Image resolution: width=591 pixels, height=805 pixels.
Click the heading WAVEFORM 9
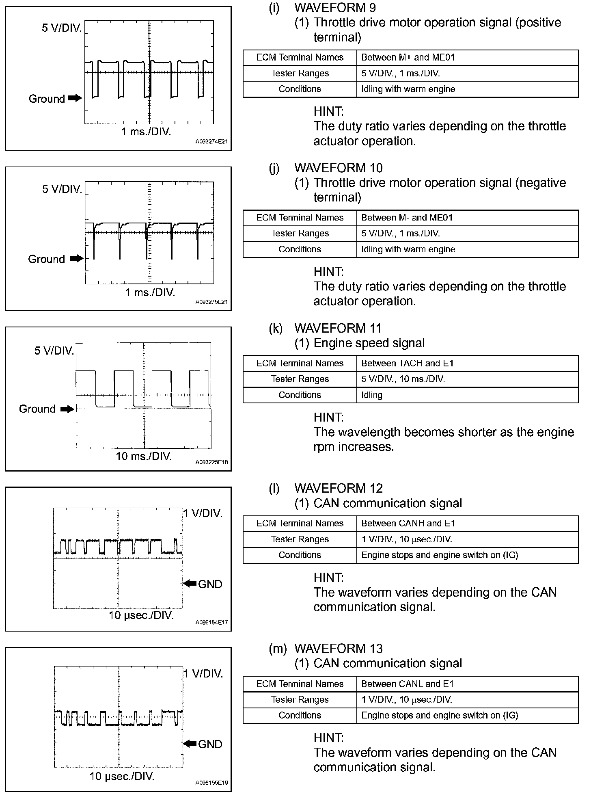click(335, 7)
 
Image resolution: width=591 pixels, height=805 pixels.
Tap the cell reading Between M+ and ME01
click(408, 57)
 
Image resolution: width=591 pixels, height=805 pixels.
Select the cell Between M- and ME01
click(407, 218)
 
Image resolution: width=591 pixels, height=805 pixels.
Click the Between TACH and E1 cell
click(407, 363)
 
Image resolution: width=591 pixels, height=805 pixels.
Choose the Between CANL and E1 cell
click(407, 684)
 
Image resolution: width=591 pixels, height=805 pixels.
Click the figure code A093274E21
click(211, 142)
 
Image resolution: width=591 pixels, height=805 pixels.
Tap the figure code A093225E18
click(211, 462)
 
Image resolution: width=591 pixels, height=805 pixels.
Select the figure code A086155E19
click(211, 783)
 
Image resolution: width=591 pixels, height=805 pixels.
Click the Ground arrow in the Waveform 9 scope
click(75, 98)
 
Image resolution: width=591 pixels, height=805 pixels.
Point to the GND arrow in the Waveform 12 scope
click(190, 583)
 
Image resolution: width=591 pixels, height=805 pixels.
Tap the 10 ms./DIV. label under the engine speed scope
click(144, 456)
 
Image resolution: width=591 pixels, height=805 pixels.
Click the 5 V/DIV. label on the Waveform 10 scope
click(62, 189)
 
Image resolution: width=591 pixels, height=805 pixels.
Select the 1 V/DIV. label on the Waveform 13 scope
click(203, 674)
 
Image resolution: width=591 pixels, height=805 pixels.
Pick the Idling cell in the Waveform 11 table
click(372, 395)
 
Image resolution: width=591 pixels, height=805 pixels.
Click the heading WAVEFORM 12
click(338, 488)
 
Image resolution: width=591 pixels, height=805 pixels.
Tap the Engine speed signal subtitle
click(369, 343)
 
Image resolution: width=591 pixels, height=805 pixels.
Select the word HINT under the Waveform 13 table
click(328, 738)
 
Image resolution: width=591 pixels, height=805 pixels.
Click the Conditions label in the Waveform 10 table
click(300, 249)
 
